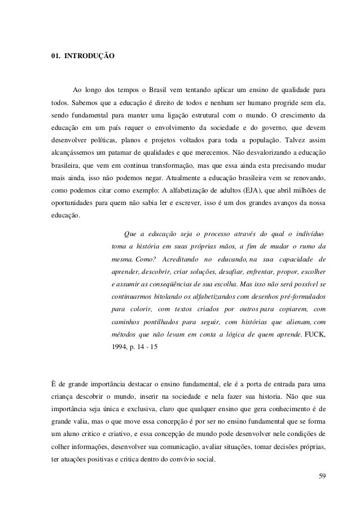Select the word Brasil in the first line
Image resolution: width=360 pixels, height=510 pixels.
click(164, 90)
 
